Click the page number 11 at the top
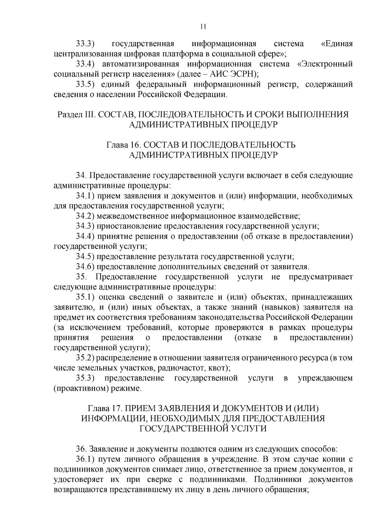[x=203, y=26]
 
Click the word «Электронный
[x=325, y=64]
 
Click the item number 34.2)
[x=86, y=216]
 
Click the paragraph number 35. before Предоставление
[x=82, y=277]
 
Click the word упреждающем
[x=325, y=378]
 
